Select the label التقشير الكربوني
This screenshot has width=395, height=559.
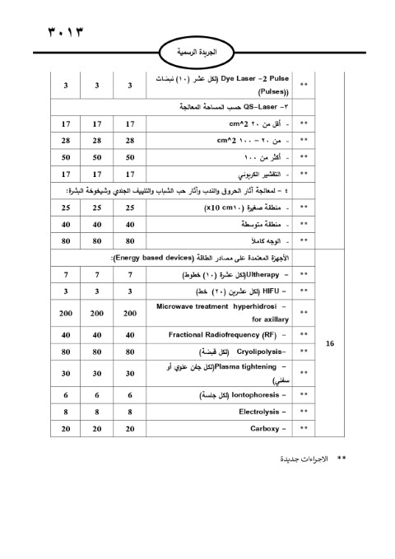coord(258,175)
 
